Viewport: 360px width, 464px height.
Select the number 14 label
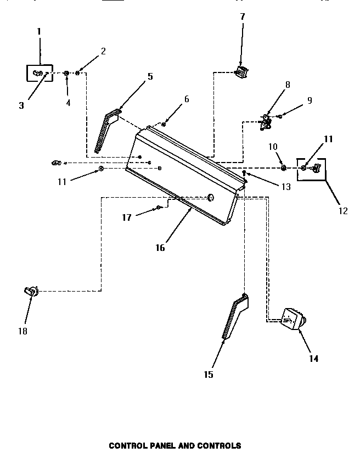313,359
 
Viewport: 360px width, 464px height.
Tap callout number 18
22,331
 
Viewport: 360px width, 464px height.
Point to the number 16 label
160,248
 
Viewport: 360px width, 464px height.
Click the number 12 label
344,211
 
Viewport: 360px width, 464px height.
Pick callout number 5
150,76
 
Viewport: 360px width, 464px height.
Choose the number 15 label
209,374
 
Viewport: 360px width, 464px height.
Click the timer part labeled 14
293,320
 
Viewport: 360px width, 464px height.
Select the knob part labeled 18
31,292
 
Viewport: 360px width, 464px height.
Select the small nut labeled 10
283,167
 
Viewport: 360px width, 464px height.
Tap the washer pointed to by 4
66,73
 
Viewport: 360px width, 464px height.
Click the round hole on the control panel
210,197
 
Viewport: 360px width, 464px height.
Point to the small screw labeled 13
244,174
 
